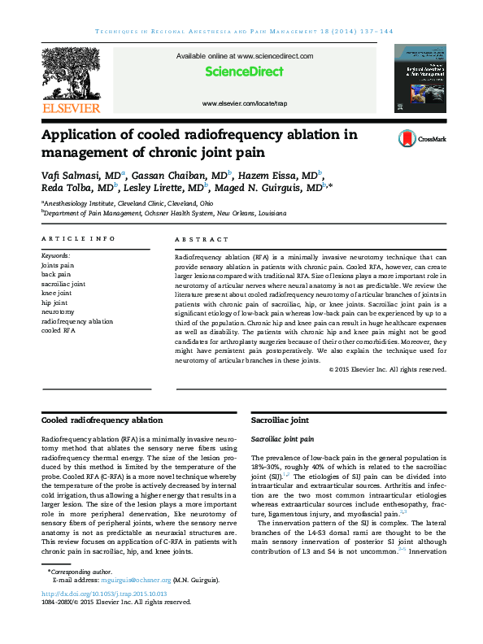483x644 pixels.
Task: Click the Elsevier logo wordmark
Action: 71,108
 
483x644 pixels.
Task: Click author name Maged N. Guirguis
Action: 273,187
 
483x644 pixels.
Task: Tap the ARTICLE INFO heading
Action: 78,238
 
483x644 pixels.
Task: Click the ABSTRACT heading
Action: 202,238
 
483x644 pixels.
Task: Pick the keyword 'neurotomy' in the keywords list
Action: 58,311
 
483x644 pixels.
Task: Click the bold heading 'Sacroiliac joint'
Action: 280,420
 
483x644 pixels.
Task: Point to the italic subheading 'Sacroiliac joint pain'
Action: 282,438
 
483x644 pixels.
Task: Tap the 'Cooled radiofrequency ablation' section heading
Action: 102,420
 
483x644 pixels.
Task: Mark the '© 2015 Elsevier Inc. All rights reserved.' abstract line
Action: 387,369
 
